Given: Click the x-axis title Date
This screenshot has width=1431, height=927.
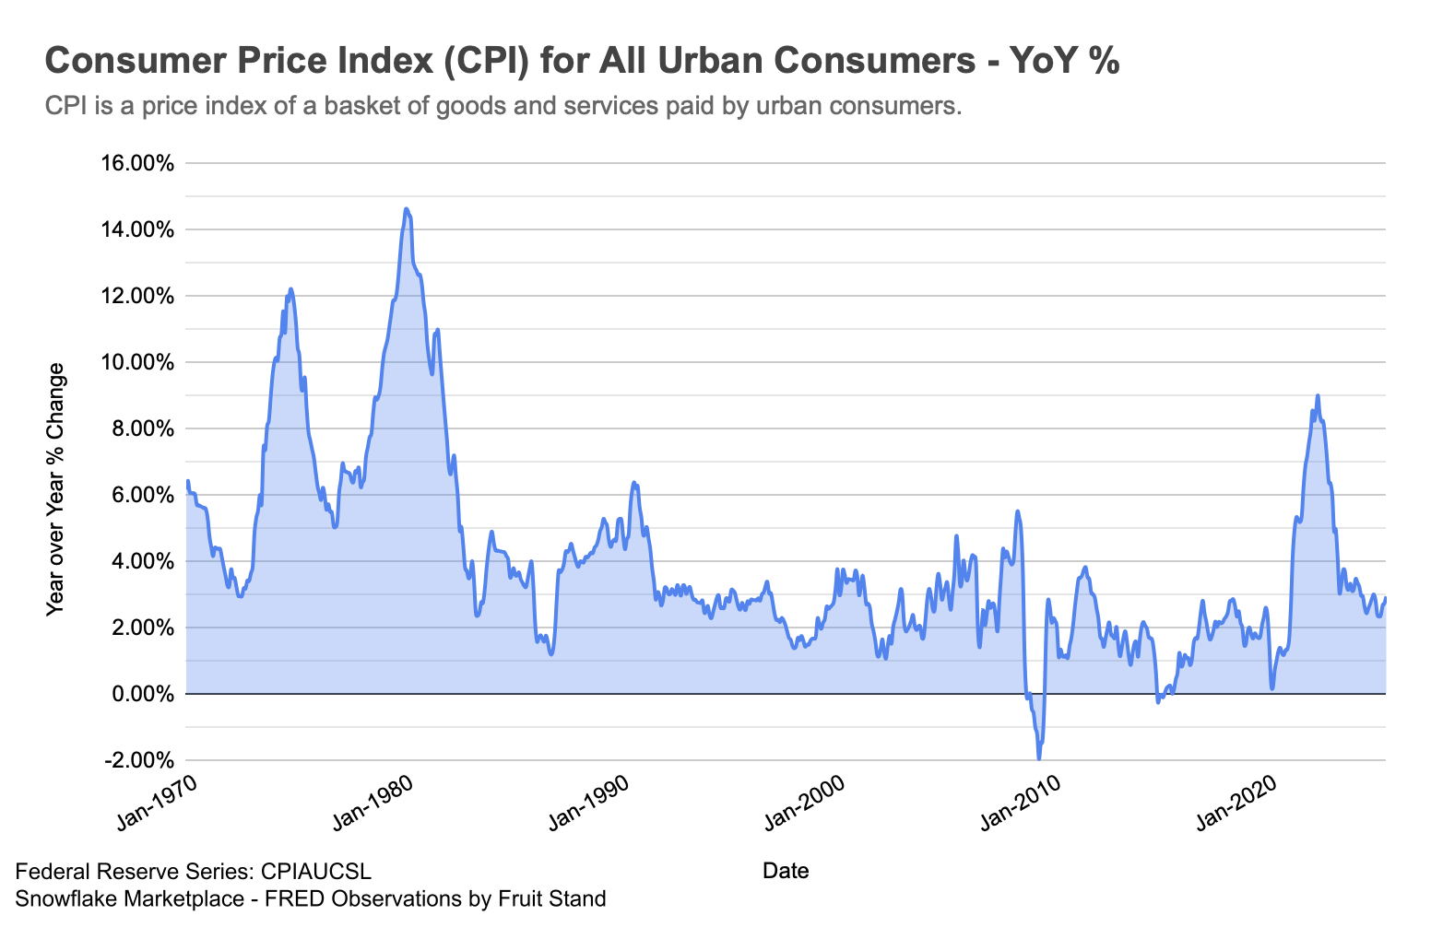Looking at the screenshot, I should pyautogui.click(x=786, y=871).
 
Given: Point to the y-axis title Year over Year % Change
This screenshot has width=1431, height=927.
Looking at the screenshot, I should pyautogui.click(x=56, y=488).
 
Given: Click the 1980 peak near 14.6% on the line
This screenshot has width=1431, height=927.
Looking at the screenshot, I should pyautogui.click(x=406, y=209).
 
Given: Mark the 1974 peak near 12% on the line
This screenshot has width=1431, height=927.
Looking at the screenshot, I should pyautogui.click(x=290, y=289).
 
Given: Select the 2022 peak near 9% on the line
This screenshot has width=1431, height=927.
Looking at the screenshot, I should pyautogui.click(x=1318, y=395).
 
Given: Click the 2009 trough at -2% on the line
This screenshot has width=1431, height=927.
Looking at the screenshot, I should pyautogui.click(x=1039, y=758).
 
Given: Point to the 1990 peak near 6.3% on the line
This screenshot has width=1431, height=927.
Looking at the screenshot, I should pyautogui.click(x=633, y=482).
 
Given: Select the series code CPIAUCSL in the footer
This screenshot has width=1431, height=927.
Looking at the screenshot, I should pyautogui.click(x=316, y=872).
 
